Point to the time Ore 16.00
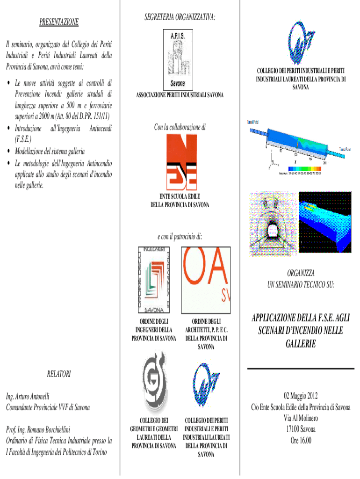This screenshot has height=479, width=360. click(x=301, y=440)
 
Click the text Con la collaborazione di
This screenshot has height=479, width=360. click(x=180, y=127)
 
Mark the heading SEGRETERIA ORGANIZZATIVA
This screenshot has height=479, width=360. click(x=180, y=17)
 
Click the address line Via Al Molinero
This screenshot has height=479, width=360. click(x=301, y=419)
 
